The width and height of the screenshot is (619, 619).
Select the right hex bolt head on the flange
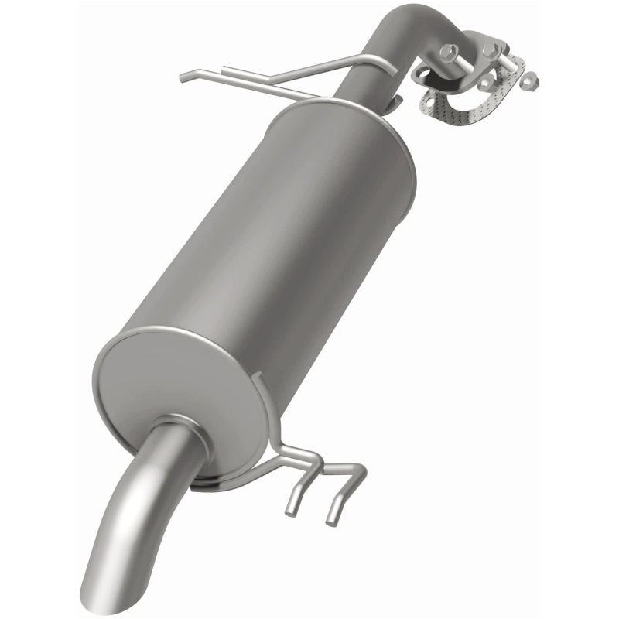(x=490, y=50)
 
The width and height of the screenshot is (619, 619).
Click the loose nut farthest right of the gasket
(x=529, y=80)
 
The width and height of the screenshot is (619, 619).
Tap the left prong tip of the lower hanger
(x=291, y=510)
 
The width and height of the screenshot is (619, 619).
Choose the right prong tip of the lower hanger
(x=332, y=519)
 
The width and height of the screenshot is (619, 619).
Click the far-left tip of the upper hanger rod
(x=183, y=77)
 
